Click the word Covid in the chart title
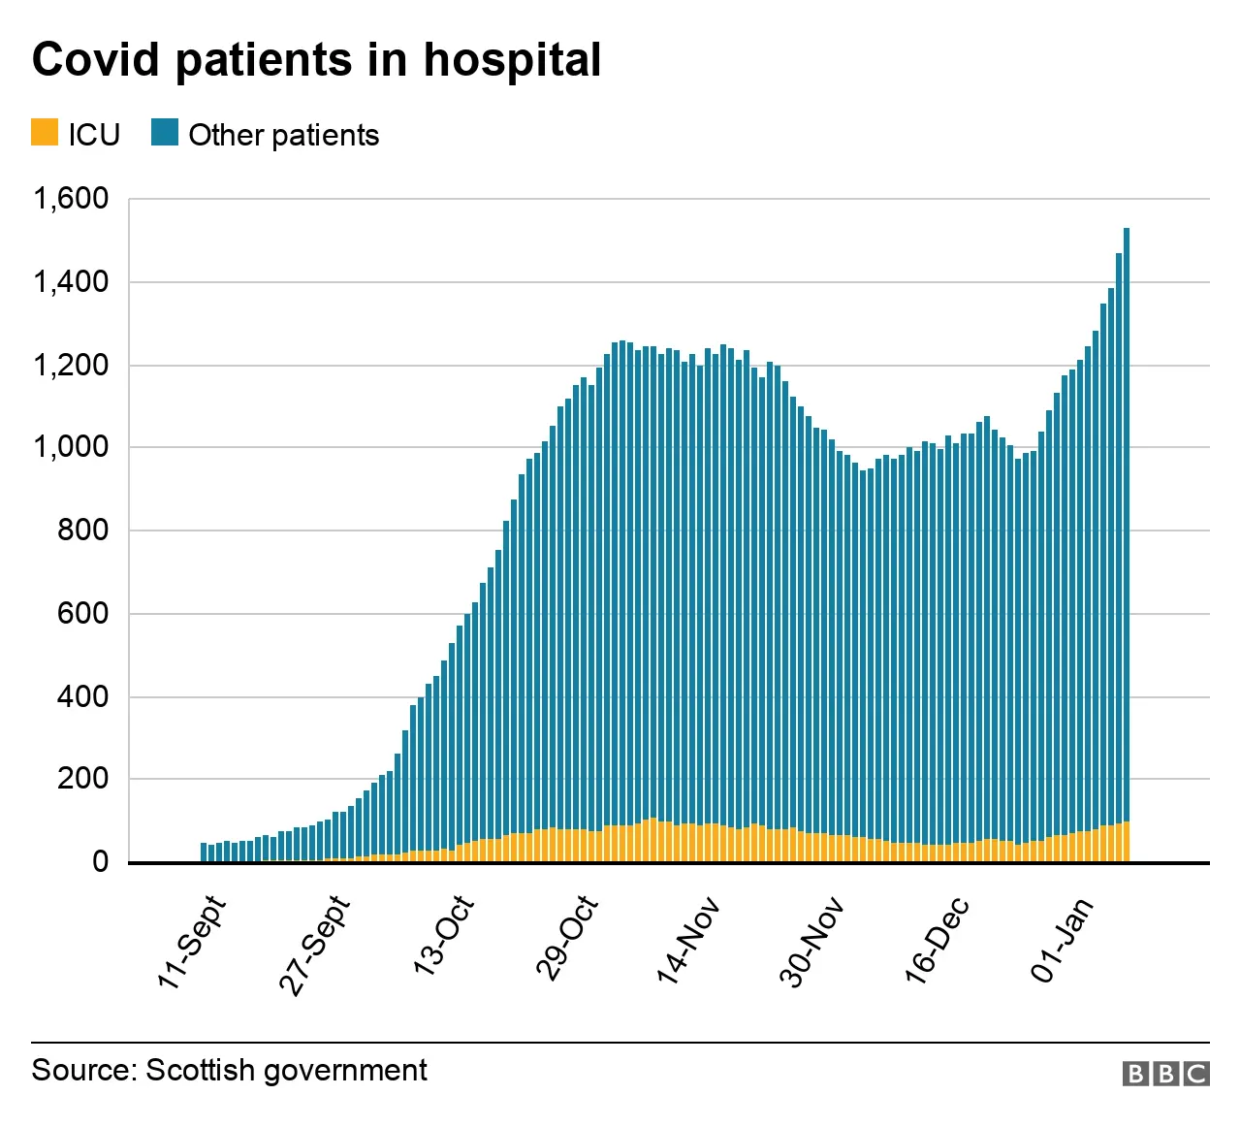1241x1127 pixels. tap(96, 60)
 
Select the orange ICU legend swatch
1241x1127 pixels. tap(45, 133)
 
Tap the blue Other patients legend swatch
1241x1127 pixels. tap(165, 133)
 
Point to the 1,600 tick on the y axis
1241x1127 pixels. tap(71, 199)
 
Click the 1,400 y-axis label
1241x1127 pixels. tap(71, 282)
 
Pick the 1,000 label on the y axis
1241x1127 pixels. tap(71, 447)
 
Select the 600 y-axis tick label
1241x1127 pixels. tap(82, 613)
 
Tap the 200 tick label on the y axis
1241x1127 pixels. tap(82, 779)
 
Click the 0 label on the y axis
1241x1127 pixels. tap(100, 861)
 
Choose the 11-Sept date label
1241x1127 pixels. tap(192, 944)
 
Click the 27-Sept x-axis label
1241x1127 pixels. tap(314, 946)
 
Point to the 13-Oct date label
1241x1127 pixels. tap(444, 936)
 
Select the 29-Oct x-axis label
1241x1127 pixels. tap(567, 939)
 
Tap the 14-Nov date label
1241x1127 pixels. tap(688, 941)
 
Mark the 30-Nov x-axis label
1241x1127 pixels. tap(811, 943)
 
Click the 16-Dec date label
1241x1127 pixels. tap(937, 941)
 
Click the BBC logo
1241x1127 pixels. tap(1165, 1074)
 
